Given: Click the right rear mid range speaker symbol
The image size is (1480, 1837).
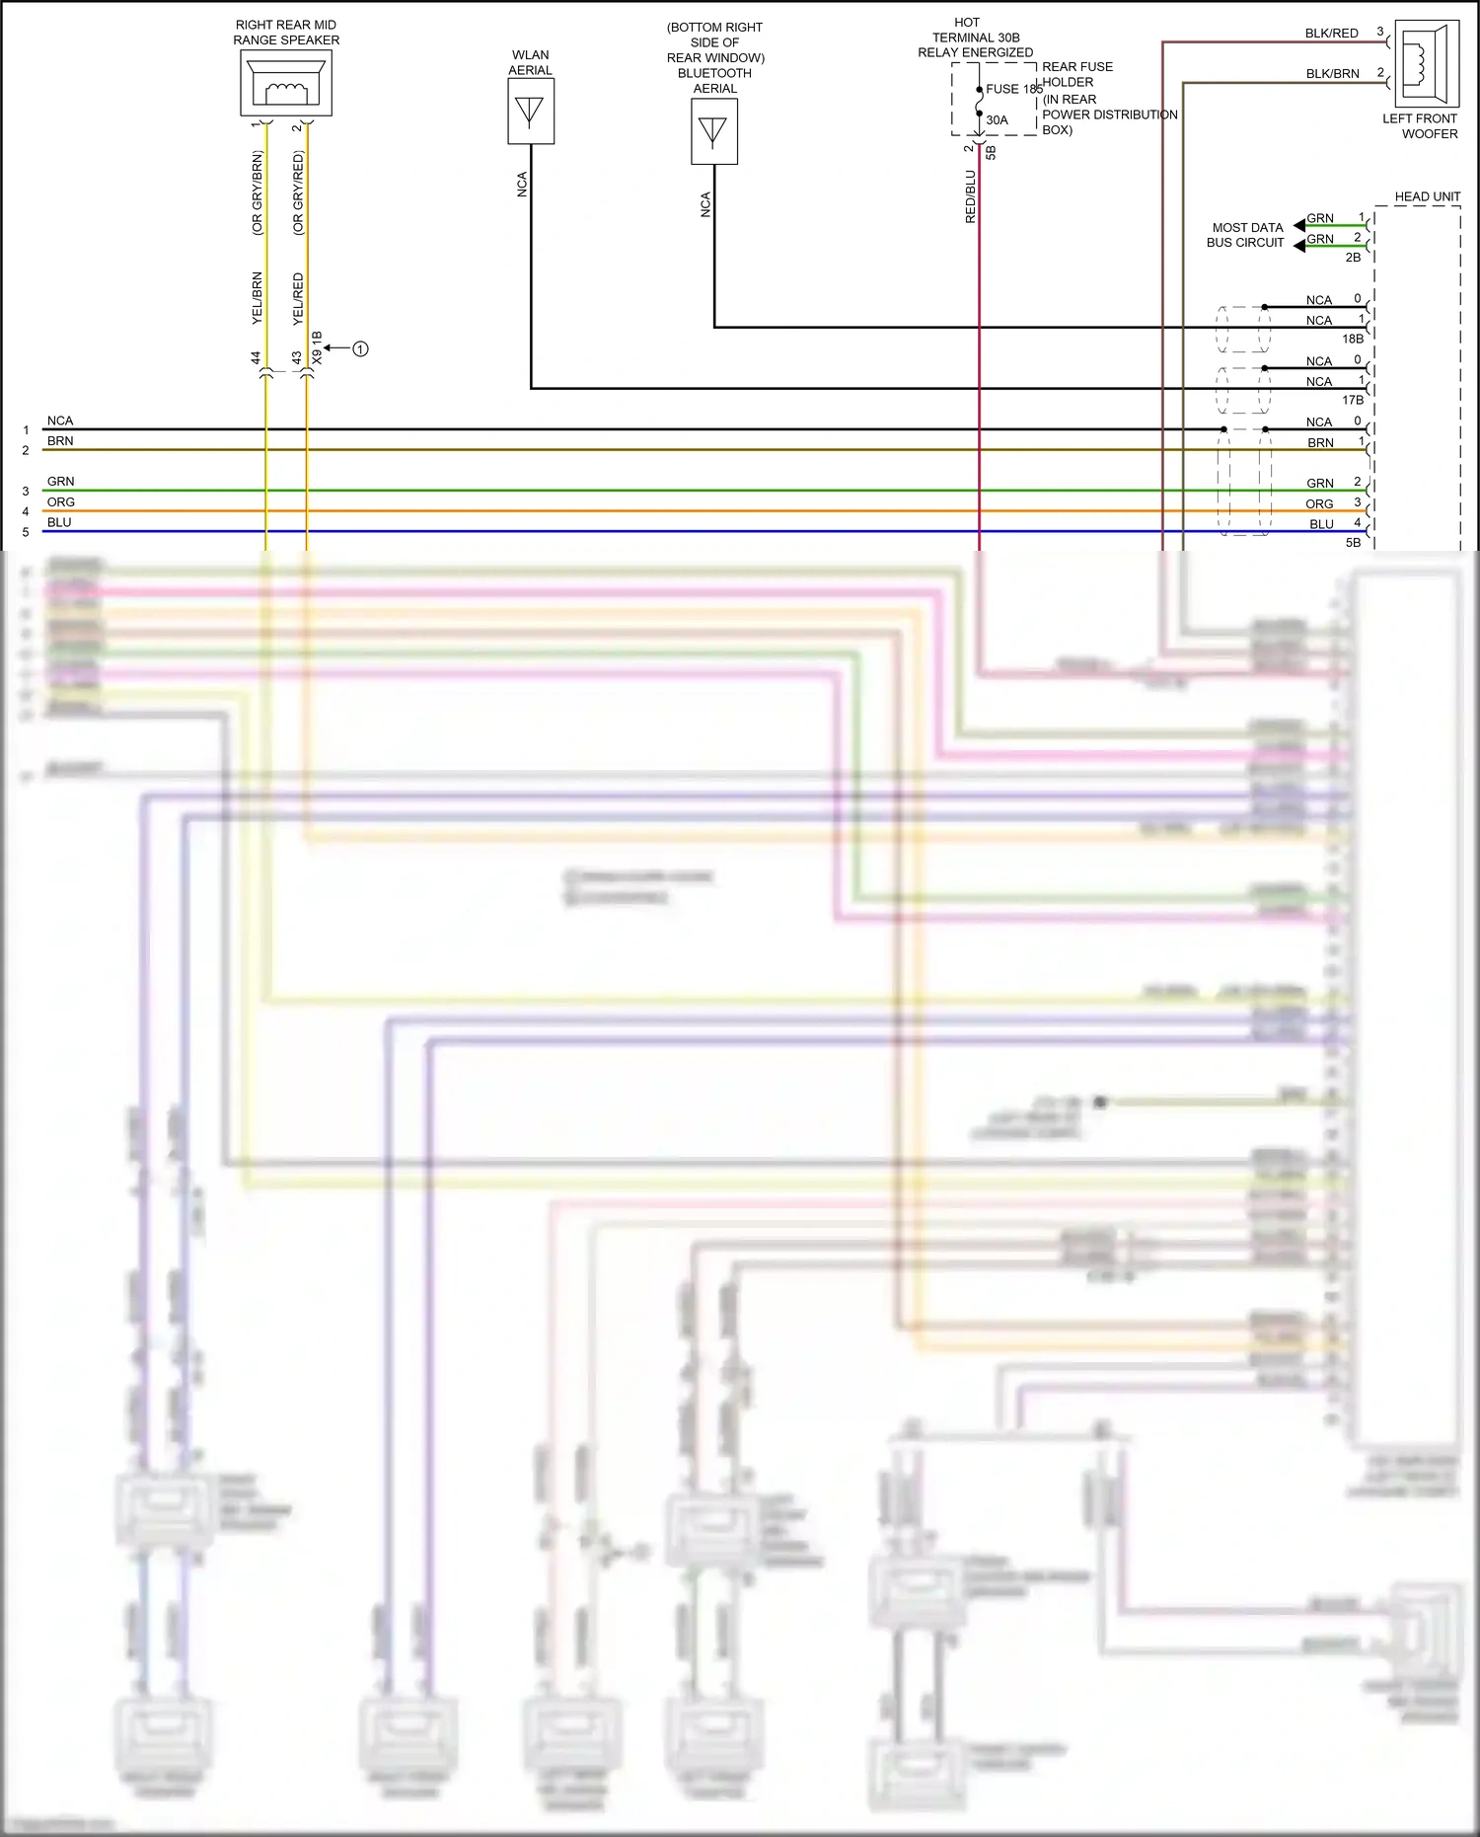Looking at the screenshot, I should [x=286, y=83].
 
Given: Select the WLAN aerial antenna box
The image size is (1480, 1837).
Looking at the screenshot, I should [x=531, y=112].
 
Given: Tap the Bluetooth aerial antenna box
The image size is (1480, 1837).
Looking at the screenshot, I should [x=713, y=131].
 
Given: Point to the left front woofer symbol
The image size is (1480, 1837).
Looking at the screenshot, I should [x=1427, y=64].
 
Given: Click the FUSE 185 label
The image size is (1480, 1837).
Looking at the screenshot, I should [x=1014, y=89].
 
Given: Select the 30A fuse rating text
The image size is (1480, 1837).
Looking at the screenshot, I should [x=998, y=120].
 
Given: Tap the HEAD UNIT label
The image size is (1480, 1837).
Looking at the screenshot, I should [x=1427, y=196].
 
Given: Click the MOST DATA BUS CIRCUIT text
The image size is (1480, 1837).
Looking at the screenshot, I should [x=1246, y=235].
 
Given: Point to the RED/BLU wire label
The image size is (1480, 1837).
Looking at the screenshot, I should [x=971, y=196].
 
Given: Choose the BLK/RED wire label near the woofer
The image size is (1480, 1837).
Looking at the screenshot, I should [x=1331, y=34].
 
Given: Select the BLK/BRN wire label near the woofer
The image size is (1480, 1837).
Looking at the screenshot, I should [x=1332, y=74].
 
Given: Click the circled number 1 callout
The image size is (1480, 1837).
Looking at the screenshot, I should [x=360, y=348].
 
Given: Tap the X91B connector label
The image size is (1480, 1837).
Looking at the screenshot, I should [x=317, y=348].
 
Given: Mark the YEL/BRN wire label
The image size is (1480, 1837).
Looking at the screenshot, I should [x=258, y=298].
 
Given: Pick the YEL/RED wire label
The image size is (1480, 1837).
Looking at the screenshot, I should [x=298, y=299].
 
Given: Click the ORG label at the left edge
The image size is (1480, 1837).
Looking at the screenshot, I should [x=61, y=502].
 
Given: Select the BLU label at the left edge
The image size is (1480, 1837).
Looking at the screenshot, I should [x=59, y=522].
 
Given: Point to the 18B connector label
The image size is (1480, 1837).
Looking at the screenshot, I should [x=1352, y=339].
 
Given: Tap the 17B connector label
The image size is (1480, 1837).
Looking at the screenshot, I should [x=1352, y=400].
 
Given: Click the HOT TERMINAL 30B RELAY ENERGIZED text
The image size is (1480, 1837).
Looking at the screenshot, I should [x=975, y=38].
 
